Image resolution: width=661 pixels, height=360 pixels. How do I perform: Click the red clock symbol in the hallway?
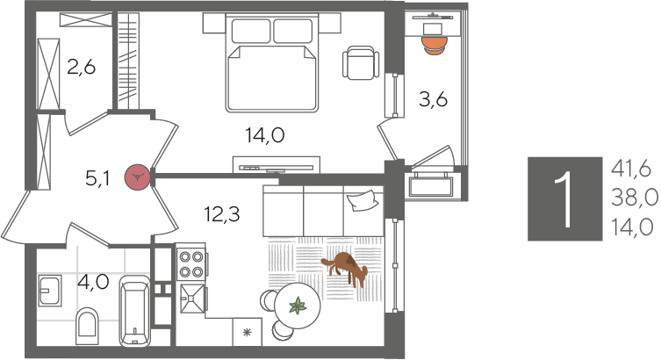pos(138,177)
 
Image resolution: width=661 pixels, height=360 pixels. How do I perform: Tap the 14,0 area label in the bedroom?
pos(265,136)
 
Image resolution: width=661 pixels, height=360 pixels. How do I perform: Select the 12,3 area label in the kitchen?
pos(222,214)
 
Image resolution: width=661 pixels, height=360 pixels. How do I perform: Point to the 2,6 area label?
pos(82,67)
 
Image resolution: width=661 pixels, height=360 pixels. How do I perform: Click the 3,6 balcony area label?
pos(433,99)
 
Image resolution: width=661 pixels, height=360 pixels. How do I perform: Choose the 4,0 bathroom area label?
pos(94,281)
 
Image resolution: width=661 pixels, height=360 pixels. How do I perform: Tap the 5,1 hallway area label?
pos(97,179)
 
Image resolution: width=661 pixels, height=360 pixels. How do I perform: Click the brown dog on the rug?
pos(345,268)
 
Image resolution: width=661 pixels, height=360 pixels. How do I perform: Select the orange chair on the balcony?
pos(435,45)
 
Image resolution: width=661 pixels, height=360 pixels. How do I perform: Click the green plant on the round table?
pos(298,306)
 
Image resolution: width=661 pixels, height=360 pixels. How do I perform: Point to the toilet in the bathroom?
pos(87,327)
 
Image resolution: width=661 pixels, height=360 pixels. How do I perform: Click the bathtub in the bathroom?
pos(135,311)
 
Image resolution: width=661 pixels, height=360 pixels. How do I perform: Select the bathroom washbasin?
pos(50,291)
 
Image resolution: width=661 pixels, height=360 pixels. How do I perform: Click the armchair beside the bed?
pos(361,63)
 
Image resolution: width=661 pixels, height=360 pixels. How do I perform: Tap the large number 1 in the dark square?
pos(564,199)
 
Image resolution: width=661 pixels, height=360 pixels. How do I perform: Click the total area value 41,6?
pos(631,169)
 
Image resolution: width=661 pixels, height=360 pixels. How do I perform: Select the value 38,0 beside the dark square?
pos(634,198)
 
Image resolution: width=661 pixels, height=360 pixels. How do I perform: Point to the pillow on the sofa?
pos(362,200)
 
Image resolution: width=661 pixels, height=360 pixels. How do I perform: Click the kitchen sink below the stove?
pos(192,299)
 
